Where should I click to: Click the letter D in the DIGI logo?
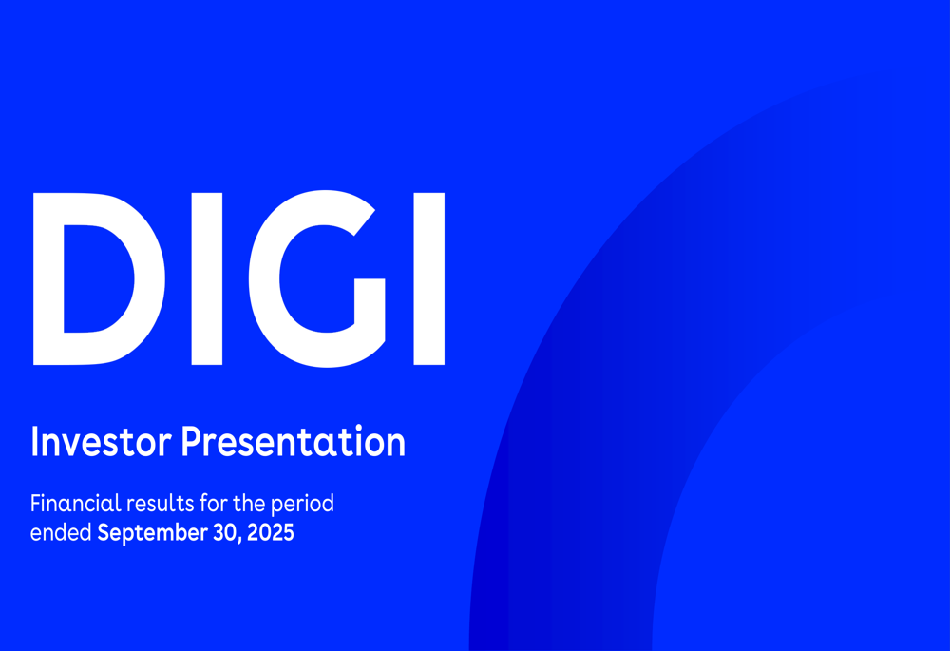pos(48,278)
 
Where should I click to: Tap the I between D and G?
pos(206,278)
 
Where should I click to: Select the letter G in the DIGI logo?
pos(263,278)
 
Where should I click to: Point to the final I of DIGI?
pos(429,278)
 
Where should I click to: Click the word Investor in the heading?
pos(101,442)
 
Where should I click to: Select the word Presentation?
pos(294,441)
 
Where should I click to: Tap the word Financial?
pos(76,503)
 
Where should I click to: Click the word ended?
pos(61,533)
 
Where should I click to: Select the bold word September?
pos(153,534)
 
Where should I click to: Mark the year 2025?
pos(271,533)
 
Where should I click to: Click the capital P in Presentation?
pos(192,442)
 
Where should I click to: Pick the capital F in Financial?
pos(36,503)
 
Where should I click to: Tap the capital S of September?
pos(104,533)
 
